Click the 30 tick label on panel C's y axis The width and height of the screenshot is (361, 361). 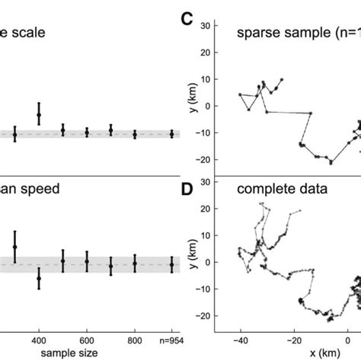(x=205, y=26)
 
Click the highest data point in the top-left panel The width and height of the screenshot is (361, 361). (x=38, y=114)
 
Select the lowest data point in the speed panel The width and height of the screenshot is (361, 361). (x=38, y=279)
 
